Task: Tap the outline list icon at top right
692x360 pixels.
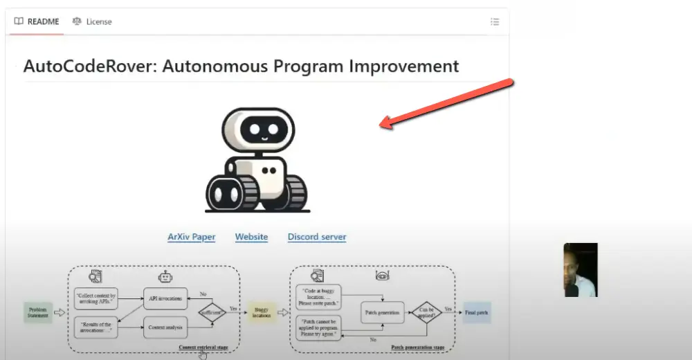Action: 495,21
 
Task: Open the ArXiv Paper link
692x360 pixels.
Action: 191,237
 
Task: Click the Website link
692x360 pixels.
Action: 251,237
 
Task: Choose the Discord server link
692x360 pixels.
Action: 317,237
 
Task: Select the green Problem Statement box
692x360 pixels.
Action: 38,312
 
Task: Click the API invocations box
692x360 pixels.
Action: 165,298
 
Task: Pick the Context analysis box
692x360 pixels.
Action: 165,327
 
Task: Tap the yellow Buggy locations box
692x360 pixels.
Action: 262,312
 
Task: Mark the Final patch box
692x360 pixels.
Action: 477,312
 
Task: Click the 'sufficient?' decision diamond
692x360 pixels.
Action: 212,312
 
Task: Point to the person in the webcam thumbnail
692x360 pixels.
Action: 580,271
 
